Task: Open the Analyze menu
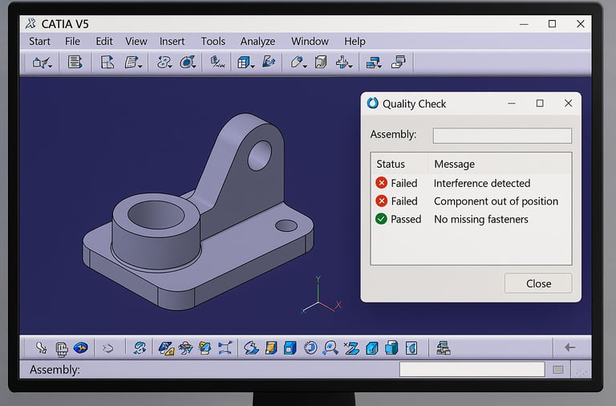coord(257,42)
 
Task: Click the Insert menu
coord(172,42)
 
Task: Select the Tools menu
coord(213,42)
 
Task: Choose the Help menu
coord(355,42)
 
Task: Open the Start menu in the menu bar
coord(39,42)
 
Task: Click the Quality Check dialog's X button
coord(568,104)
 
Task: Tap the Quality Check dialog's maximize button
coord(540,104)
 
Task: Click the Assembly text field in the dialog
coord(502,136)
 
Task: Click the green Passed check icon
coord(381,219)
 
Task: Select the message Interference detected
coord(482,183)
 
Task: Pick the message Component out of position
coord(496,201)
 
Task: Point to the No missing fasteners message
coord(481,219)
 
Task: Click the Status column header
coord(391,164)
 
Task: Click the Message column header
coord(455,164)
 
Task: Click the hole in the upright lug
coord(259,155)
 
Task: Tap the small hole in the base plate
coord(286,226)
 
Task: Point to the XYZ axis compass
coord(321,300)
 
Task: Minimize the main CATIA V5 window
coord(524,24)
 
